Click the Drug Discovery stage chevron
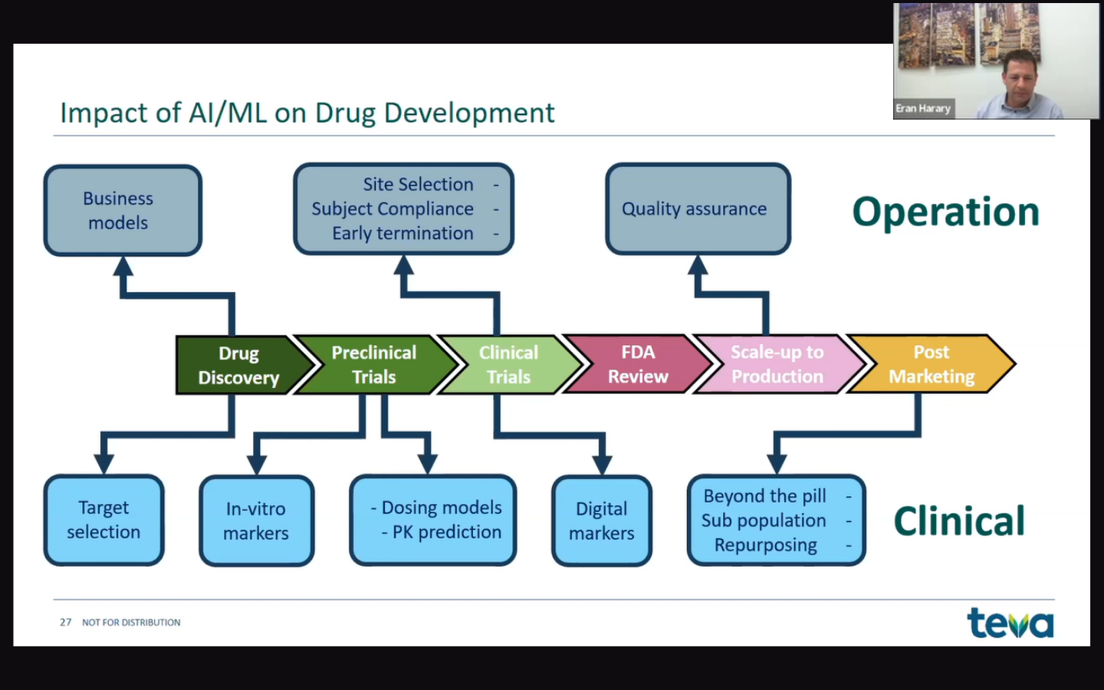click(x=238, y=365)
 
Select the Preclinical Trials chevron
click(x=374, y=365)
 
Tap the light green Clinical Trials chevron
click(x=509, y=365)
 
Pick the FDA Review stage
click(x=638, y=364)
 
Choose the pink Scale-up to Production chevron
click(x=777, y=364)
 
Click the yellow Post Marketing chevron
click(x=932, y=364)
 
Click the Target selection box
click(x=103, y=520)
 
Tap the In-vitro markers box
click(x=256, y=521)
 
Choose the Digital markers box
click(x=602, y=521)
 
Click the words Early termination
click(x=402, y=234)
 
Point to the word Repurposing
click(x=765, y=545)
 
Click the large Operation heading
click(x=945, y=212)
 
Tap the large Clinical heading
click(x=959, y=521)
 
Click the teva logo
click(x=1010, y=623)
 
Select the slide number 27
click(x=65, y=623)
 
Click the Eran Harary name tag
click(x=923, y=109)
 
